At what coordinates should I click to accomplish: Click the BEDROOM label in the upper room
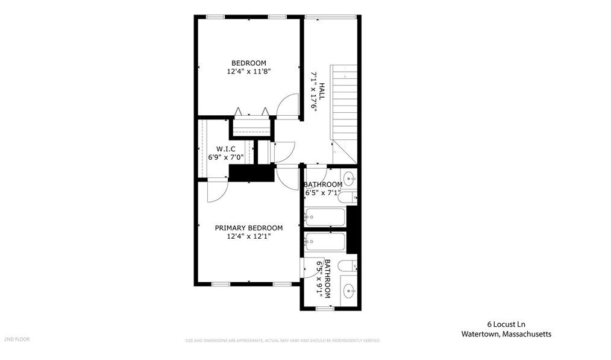pos(249,63)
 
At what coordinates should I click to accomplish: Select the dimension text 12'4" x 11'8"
pos(249,71)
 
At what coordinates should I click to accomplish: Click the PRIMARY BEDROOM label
pos(249,228)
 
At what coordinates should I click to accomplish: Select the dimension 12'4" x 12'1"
pos(249,236)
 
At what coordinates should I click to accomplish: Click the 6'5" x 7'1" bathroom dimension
pos(323,193)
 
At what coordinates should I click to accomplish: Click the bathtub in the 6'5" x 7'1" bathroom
pos(325,216)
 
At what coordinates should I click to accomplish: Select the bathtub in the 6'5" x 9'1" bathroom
pos(325,242)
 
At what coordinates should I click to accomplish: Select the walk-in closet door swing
pos(216,189)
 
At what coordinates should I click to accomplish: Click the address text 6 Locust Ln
pos(506,324)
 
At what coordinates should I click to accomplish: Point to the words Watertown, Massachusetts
pos(506,333)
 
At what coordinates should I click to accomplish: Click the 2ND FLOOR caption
pos(16,339)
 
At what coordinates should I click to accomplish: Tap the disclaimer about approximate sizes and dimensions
pos(282,341)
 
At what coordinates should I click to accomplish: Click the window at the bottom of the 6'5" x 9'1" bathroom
pos(325,309)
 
